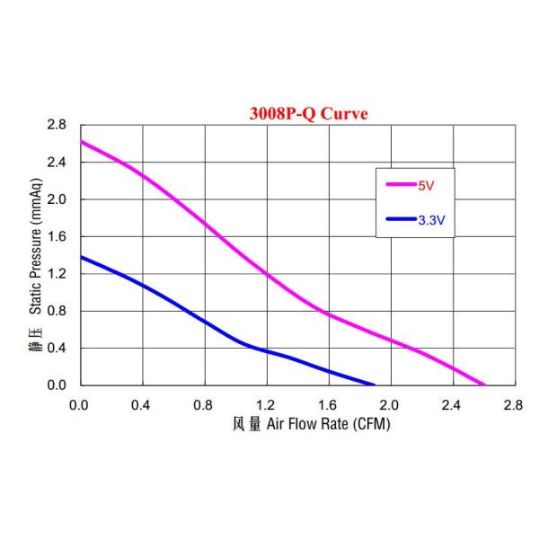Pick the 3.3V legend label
[432, 218]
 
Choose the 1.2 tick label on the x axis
[265, 405]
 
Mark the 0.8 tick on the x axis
[203, 405]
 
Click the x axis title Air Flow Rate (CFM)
[326, 423]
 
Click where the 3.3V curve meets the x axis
[374, 384]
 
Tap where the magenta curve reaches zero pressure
[484, 384]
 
